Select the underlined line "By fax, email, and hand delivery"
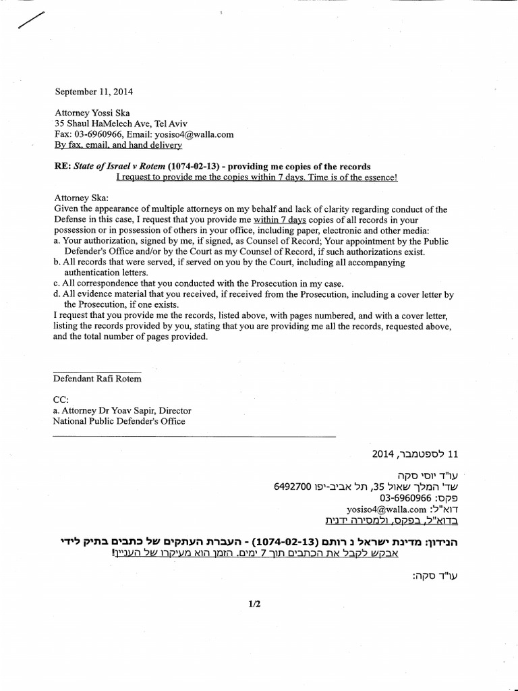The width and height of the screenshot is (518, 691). pos(118,145)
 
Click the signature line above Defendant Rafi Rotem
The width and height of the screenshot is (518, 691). pos(97,372)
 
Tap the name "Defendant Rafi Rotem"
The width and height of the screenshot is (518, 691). pos(97,379)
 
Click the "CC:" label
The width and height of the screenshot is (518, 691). pos(61,399)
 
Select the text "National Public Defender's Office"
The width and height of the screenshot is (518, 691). pos(119,421)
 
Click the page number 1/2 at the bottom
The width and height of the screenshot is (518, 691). pos(254,605)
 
